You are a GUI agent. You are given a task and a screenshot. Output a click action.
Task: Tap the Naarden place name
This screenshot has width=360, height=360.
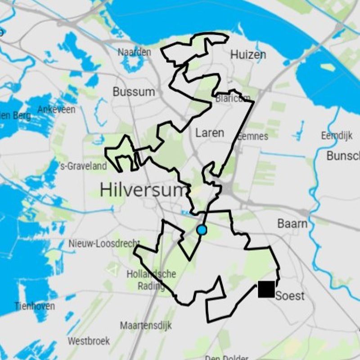135,52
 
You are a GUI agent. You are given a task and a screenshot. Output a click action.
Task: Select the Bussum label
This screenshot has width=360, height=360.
134,92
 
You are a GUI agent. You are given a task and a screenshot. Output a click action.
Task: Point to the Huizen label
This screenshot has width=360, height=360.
248,55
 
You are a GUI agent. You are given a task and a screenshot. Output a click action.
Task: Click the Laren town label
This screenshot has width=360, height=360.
209,133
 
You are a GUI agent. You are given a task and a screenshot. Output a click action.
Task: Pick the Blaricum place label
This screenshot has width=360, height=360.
233,98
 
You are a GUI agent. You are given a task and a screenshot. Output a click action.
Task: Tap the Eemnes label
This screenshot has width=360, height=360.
252,136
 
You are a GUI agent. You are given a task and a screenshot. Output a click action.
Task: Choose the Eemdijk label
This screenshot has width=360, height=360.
337,135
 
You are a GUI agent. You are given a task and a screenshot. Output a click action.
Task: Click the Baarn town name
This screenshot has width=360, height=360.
292,224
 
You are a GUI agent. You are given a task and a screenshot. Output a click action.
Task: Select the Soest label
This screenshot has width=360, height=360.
290,296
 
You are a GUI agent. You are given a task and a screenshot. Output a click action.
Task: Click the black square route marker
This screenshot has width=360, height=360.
266,289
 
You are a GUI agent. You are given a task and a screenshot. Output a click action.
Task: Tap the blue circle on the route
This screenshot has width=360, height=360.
202,230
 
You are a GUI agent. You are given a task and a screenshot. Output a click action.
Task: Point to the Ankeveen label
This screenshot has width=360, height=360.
56,109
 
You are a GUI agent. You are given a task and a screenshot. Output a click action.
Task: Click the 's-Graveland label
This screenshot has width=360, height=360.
83,166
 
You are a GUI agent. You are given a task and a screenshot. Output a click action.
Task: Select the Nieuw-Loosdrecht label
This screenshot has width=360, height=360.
104,243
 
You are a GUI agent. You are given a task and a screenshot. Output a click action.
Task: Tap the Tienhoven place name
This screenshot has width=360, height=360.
35,306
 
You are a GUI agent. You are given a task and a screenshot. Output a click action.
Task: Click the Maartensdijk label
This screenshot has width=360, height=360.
146,325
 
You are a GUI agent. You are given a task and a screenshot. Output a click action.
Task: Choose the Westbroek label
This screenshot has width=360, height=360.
89,341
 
